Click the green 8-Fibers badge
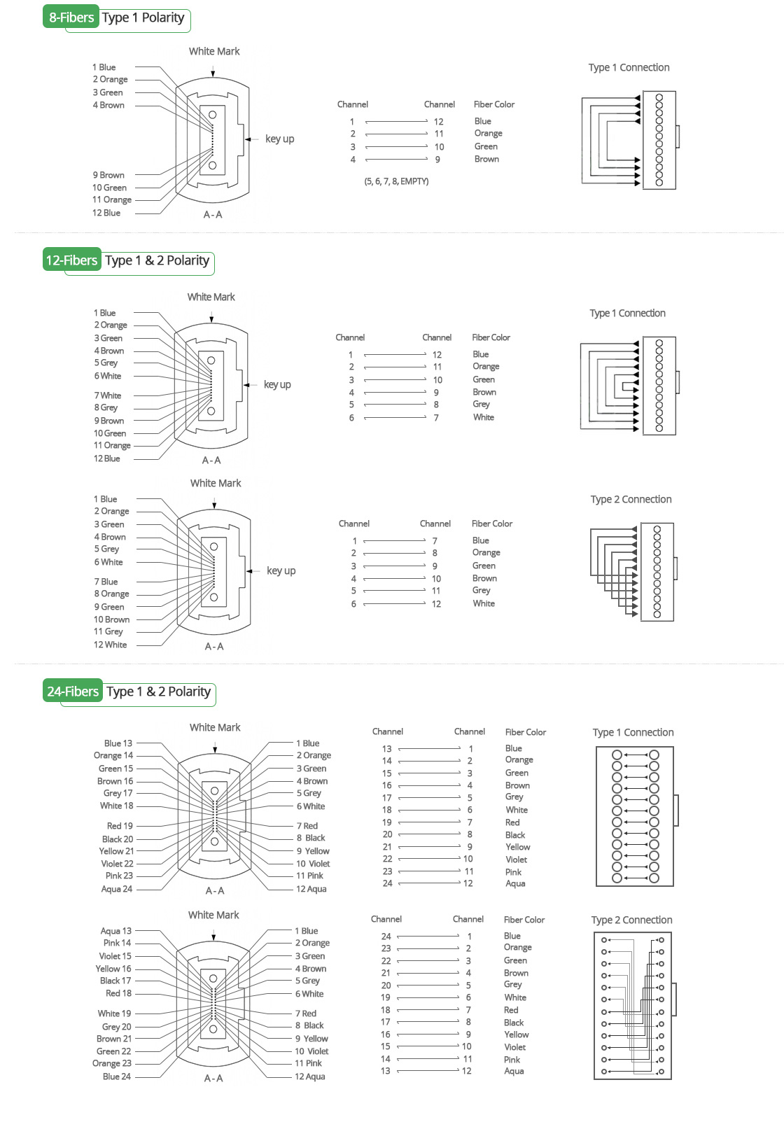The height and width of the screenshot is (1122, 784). click(71, 17)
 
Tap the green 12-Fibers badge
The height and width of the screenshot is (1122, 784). click(71, 260)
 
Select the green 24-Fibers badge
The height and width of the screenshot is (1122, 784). click(73, 692)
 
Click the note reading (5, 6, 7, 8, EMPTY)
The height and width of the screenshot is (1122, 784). click(396, 181)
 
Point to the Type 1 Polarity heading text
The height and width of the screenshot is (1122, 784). click(143, 17)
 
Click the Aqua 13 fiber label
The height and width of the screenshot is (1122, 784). click(116, 931)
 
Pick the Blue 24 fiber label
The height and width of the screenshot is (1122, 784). click(116, 1077)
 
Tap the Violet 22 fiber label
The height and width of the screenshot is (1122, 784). click(117, 864)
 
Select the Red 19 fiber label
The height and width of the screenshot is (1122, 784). click(120, 826)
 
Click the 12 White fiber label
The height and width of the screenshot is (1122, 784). click(111, 645)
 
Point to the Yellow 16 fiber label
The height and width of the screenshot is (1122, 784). click(113, 969)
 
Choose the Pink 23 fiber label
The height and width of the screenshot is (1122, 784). click(119, 876)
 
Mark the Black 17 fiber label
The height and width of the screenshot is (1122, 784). click(115, 981)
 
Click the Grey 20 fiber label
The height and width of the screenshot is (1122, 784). click(117, 1027)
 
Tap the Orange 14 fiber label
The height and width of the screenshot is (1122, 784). click(113, 755)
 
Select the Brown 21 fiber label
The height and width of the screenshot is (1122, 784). click(114, 1039)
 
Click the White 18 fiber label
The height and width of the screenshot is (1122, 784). click(116, 806)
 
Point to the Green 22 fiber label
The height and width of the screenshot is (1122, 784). click(114, 1051)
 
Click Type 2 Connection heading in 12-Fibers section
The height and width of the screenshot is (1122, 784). click(631, 499)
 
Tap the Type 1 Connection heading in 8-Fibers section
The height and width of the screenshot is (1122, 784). click(629, 67)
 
